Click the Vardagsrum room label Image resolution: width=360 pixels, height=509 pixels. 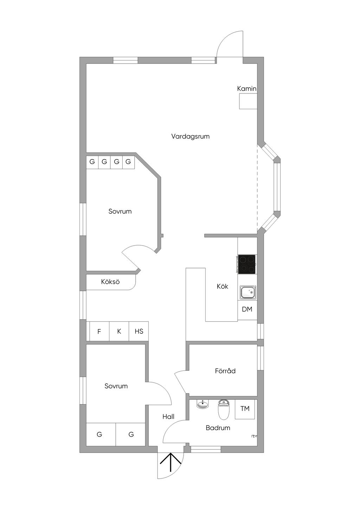click(190, 137)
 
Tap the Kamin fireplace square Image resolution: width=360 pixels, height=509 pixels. click(248, 101)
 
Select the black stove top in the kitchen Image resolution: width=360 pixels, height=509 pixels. click(246, 264)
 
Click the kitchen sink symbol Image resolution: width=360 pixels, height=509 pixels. click(248, 292)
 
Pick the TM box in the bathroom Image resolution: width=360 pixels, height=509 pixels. click(245, 409)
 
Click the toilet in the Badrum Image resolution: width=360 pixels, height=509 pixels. click(224, 409)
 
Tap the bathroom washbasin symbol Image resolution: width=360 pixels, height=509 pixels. click(202, 404)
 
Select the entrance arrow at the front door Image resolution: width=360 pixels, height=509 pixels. click(171, 462)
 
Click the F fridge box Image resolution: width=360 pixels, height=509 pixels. click(99, 331)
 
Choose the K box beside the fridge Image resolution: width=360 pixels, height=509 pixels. click(119, 331)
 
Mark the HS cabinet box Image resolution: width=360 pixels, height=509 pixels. click(139, 331)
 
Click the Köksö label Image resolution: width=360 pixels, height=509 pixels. click(110, 282)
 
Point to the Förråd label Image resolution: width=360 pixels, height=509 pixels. click(225, 371)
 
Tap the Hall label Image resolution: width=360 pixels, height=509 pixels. click(168, 417)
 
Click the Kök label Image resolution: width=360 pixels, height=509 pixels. click(222, 286)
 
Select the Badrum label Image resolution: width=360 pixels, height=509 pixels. click(218, 428)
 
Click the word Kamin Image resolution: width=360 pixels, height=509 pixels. click(247, 89)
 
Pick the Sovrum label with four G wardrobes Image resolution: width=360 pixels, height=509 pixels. click(120, 211)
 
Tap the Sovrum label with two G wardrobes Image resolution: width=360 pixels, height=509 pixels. click(116, 386)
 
